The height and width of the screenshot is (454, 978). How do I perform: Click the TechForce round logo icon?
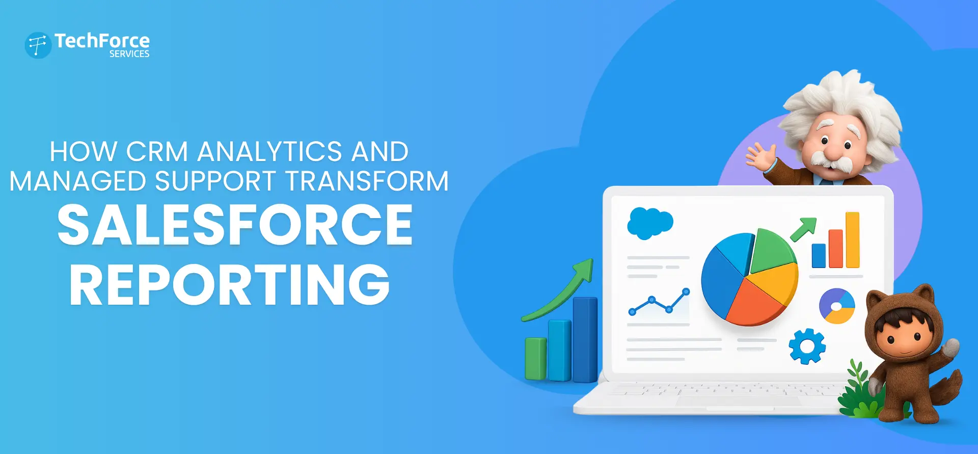pos(38,45)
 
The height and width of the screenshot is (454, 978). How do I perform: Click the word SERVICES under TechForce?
pos(129,54)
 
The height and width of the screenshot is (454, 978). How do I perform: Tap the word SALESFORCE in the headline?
pos(235,225)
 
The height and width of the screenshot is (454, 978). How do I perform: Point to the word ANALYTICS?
pos(269,152)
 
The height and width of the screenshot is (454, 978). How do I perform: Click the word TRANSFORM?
pos(367,181)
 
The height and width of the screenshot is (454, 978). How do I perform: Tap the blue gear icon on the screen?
pos(807,346)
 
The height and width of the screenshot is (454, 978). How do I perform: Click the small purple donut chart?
pos(837,306)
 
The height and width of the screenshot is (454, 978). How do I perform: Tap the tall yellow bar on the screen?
pos(852,239)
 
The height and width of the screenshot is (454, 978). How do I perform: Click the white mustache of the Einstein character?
pos(831,159)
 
